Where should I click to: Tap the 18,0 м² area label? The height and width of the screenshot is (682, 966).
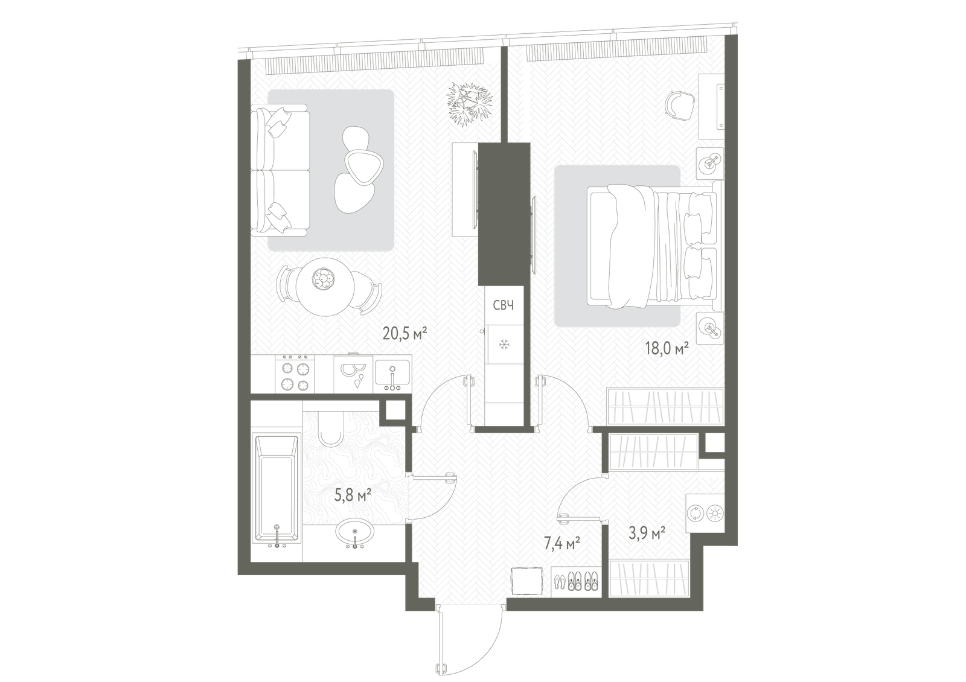(667, 348)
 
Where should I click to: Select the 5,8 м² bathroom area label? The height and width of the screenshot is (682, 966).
(353, 496)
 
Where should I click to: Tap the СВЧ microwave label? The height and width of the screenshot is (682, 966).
(504, 305)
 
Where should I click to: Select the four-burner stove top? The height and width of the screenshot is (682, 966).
(295, 374)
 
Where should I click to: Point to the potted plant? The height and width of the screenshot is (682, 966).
(469, 104)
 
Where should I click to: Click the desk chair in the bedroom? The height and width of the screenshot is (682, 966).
(679, 104)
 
